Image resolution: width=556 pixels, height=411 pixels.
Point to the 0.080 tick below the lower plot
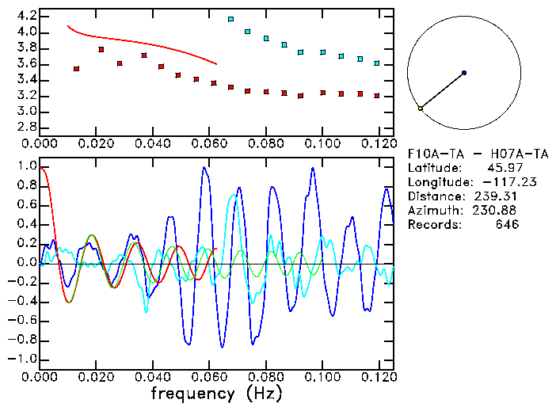pyautogui.click(x=266, y=377)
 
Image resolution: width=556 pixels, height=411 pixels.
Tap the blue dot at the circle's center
pyautogui.click(x=464, y=73)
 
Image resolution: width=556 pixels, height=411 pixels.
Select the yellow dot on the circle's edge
pyautogui.click(x=420, y=108)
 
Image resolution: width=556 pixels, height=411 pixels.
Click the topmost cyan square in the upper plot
pyautogui.click(x=230, y=19)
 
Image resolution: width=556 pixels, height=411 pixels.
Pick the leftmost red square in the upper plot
pyautogui.click(x=76, y=69)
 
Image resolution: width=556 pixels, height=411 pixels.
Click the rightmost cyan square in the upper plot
pyautogui.click(x=377, y=63)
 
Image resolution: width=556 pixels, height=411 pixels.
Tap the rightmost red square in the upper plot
pyautogui.click(x=377, y=96)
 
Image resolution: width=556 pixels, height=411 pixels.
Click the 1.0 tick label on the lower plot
pyautogui.click(x=27, y=167)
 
